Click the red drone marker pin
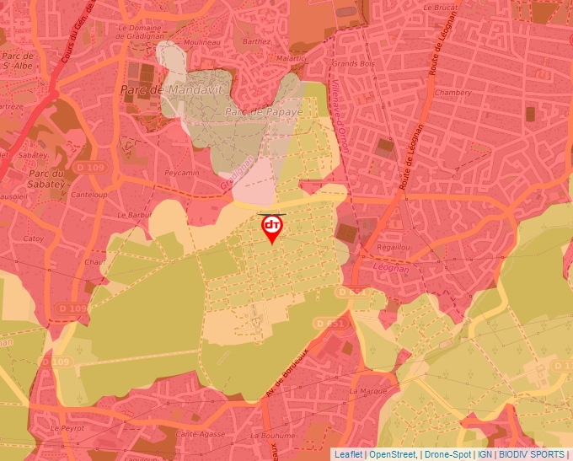pos(272,228)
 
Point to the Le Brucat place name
pos(440,7)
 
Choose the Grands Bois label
pos(353,63)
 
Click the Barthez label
pos(256,40)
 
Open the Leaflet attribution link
pos(348,454)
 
